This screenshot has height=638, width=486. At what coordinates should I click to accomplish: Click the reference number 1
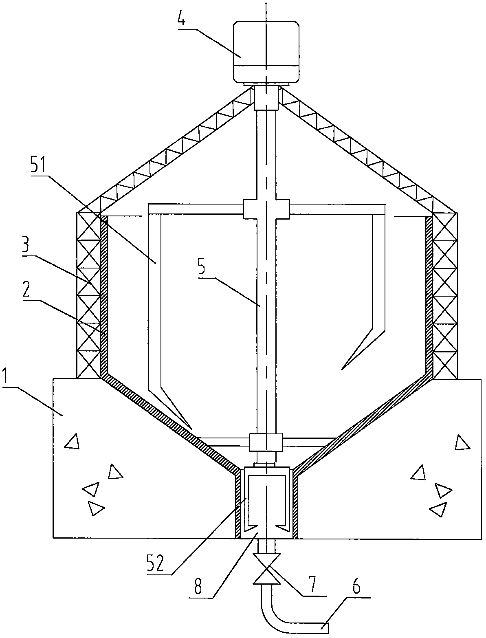tap(7, 376)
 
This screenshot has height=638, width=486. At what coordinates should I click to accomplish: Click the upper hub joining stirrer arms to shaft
tap(266, 209)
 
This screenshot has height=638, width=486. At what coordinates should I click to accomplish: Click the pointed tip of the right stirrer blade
tap(342, 370)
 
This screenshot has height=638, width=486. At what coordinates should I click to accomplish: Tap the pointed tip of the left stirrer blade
tap(192, 429)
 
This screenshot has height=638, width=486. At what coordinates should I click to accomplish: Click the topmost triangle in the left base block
tap(72, 441)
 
